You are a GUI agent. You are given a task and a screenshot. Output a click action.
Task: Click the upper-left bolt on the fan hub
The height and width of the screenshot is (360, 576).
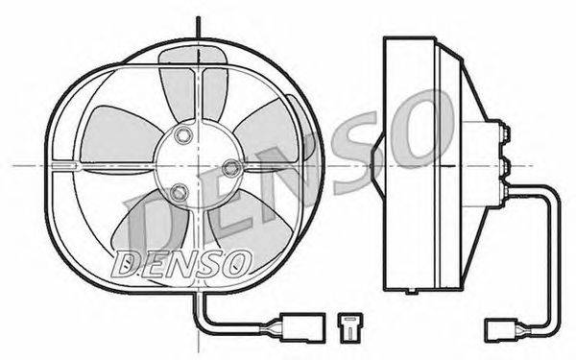pos(183,135)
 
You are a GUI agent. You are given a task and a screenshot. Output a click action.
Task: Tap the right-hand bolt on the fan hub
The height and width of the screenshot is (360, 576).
pos(231,168)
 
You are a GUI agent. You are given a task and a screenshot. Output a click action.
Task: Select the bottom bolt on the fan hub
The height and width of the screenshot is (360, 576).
pos(180,192)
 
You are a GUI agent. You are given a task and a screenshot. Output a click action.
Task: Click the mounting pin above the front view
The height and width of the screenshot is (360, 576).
pos(199,27)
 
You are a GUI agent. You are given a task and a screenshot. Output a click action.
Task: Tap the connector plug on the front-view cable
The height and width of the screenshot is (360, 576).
pos(302,328)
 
